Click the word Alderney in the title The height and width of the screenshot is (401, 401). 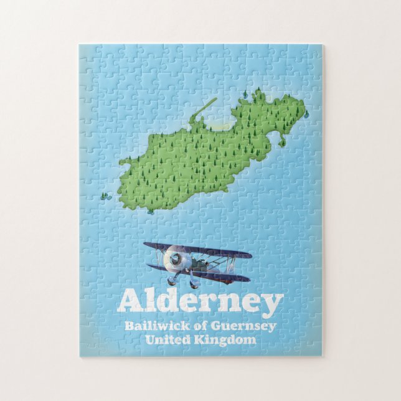tap(200, 302)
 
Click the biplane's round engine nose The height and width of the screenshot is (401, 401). tap(176, 258)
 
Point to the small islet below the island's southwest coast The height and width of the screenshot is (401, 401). tap(151, 211)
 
